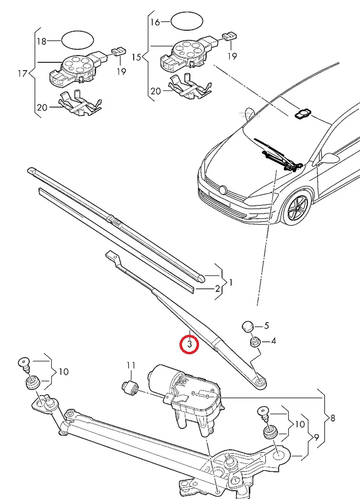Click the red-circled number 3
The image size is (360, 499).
point(189,344)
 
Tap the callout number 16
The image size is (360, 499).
point(155,22)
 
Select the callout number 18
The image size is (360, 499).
point(42,41)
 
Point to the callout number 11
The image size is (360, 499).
point(131,366)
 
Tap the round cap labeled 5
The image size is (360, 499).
point(248,326)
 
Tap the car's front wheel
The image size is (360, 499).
point(297,208)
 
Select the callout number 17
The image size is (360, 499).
point(22,74)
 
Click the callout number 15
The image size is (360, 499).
point(137,57)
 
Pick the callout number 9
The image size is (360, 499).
point(316,437)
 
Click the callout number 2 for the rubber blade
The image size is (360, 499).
point(217,288)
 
